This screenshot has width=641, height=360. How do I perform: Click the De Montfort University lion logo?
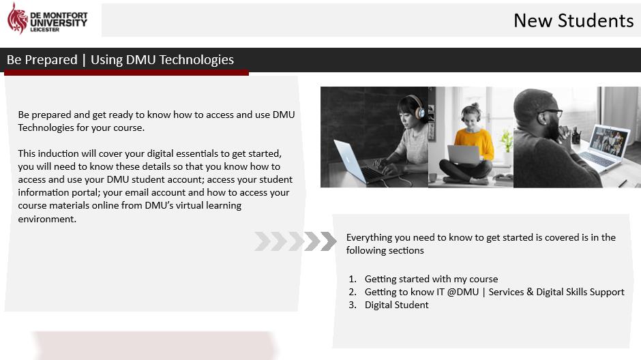pyautogui.click(x=17, y=18)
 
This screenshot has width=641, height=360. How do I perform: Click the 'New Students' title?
pyautogui.click(x=573, y=20)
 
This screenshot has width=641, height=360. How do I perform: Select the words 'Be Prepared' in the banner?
pyautogui.click(x=42, y=60)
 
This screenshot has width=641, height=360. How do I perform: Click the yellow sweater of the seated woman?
pyautogui.click(x=475, y=143)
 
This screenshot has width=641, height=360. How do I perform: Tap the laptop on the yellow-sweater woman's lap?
pyautogui.click(x=464, y=155)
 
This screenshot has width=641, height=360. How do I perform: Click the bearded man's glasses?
pyautogui.click(x=550, y=112)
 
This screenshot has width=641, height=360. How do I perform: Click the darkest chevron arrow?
pyautogui.click(x=328, y=241)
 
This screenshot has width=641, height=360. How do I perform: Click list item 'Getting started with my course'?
pyautogui.click(x=431, y=279)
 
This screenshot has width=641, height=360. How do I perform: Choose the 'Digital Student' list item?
pyautogui.click(x=397, y=305)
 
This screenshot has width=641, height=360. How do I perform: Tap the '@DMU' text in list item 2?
pyautogui.click(x=463, y=292)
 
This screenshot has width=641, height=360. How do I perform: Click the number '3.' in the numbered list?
pyautogui.click(x=353, y=305)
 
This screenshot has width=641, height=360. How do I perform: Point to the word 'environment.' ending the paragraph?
pyautogui.click(x=47, y=219)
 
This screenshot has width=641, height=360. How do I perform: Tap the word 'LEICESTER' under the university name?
pyautogui.click(x=44, y=30)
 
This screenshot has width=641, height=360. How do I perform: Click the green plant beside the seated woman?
pyautogui.click(x=507, y=141)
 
